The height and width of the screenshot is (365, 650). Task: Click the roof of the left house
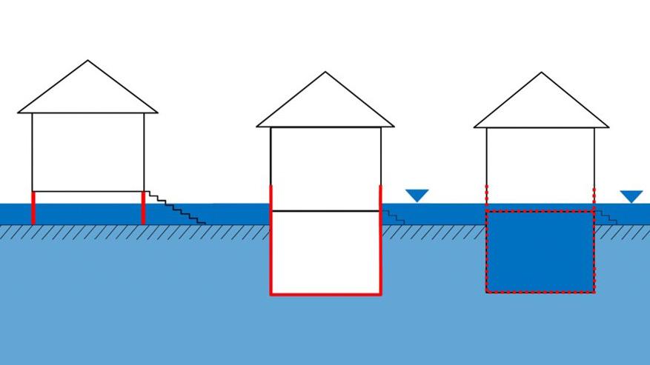[88, 93]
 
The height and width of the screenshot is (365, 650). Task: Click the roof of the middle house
[325, 105]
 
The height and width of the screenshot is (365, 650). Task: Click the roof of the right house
[541, 105]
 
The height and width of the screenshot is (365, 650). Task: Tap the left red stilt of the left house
[33, 208]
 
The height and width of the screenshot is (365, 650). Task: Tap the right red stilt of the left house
[143, 208]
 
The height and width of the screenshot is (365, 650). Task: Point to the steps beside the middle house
[393, 216]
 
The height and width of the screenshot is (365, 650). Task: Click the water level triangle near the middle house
[417, 195]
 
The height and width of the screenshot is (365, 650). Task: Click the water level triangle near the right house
[631, 196]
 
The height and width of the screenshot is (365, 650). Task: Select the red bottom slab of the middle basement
[326, 294]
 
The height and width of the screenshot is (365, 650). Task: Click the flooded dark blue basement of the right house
[540, 252]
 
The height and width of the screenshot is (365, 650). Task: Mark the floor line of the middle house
[326, 211]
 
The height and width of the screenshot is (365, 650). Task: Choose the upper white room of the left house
[88, 152]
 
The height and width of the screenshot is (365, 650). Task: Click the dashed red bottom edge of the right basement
[540, 292]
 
